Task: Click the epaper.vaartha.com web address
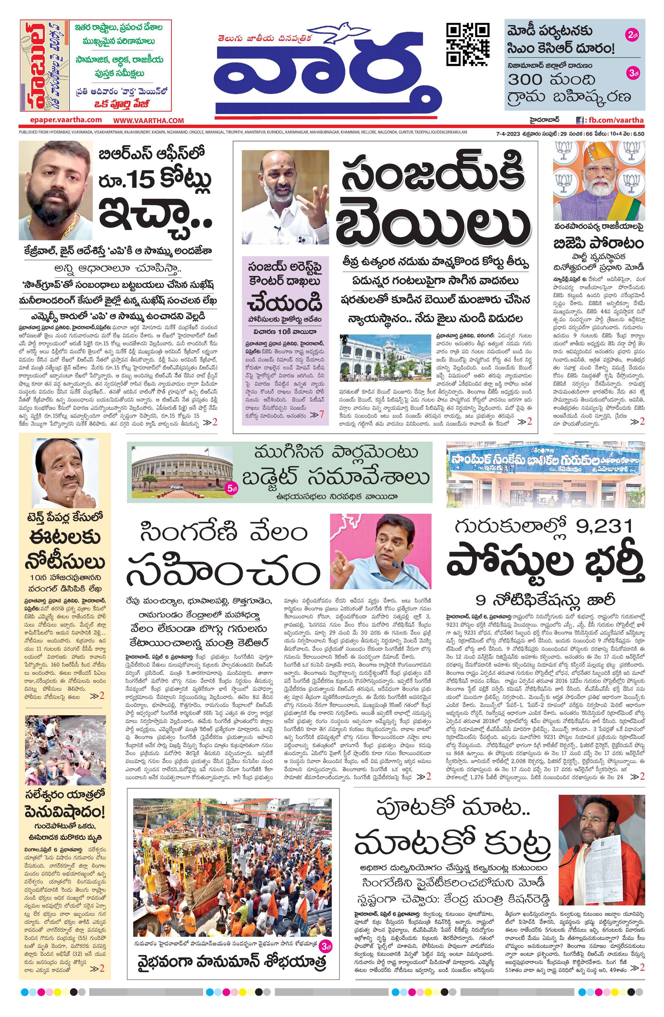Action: tap(66, 120)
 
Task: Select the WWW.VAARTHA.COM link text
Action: tap(149, 121)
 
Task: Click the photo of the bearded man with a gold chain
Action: tap(55, 193)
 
